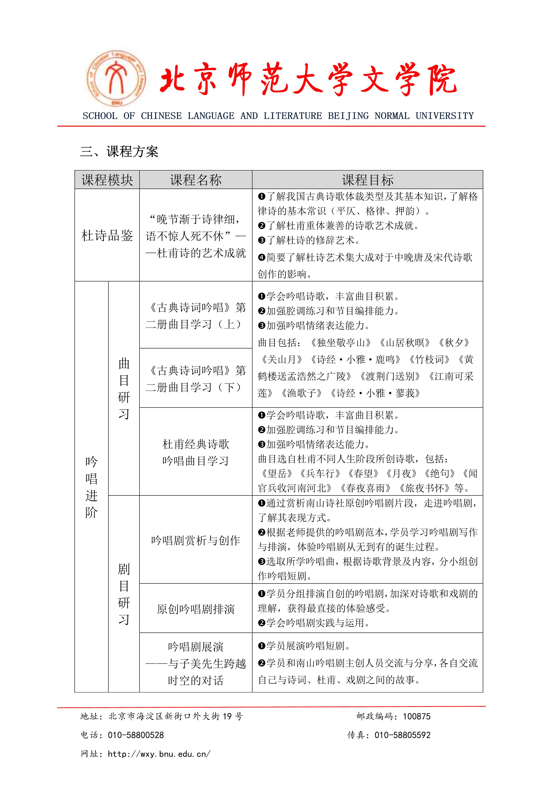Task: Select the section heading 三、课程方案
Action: [x=119, y=151]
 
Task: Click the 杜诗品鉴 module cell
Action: [x=107, y=235]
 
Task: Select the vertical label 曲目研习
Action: [x=124, y=388]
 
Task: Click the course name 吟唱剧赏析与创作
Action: [x=196, y=541]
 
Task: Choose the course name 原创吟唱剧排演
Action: [x=196, y=609]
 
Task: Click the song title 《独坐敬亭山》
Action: [x=340, y=342]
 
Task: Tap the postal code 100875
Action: [x=417, y=716]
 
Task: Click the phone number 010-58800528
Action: [x=136, y=735]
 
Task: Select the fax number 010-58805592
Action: [x=402, y=735]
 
